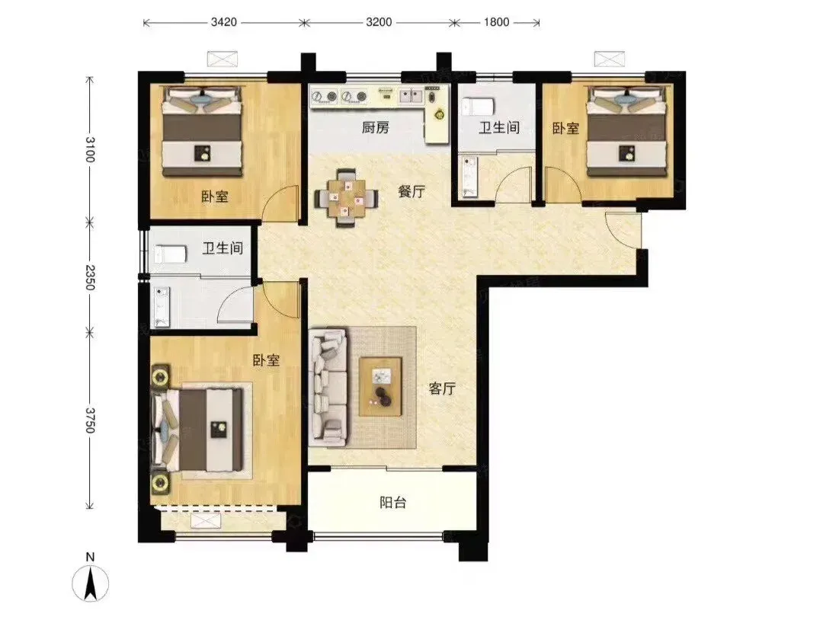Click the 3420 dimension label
[223, 22]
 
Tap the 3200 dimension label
[379, 22]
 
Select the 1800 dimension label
[496, 22]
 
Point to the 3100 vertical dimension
[90, 149]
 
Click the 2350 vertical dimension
[90, 277]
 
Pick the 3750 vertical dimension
[90, 420]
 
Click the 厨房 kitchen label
[375, 127]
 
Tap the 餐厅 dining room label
[411, 191]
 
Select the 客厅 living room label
[442, 388]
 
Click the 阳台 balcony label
[393, 503]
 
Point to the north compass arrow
[90, 580]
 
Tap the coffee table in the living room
[380, 387]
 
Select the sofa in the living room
[328, 388]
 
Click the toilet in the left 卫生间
[170, 254]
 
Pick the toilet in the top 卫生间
[478, 107]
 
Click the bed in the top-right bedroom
[627, 131]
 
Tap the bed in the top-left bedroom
[202, 131]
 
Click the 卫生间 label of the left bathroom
[223, 248]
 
